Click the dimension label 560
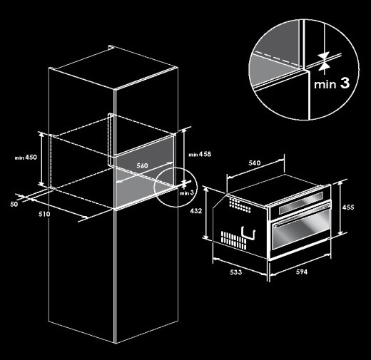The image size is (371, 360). (x=142, y=165)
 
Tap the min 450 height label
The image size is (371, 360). (x=26, y=158)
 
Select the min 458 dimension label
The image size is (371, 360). (x=200, y=155)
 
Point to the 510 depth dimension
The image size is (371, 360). (x=44, y=214)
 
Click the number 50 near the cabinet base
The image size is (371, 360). (x=14, y=204)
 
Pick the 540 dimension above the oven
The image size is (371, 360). (x=255, y=163)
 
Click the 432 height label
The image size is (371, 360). (x=196, y=211)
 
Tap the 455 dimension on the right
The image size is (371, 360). (x=348, y=207)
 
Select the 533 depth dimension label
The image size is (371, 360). (x=235, y=272)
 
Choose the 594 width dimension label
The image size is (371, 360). (x=302, y=272)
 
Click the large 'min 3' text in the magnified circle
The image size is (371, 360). (x=332, y=83)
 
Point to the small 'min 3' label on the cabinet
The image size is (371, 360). (x=187, y=193)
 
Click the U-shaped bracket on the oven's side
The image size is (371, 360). (x=248, y=232)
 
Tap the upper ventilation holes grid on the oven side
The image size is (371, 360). (x=240, y=205)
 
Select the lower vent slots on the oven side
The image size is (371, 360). (x=233, y=240)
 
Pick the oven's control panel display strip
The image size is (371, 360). (x=301, y=203)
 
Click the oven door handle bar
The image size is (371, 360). (x=301, y=215)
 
